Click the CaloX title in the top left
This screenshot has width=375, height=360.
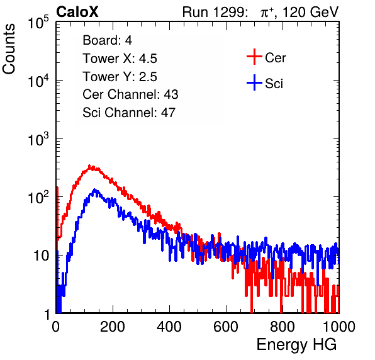[x=77, y=11]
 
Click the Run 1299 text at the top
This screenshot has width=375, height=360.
[x=215, y=12]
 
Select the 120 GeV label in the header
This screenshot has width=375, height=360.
[x=310, y=12]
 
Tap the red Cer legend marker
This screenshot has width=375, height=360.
[x=254, y=57]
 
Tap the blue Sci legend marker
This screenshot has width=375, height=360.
[x=254, y=82]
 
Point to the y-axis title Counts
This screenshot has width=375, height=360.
[x=9, y=49]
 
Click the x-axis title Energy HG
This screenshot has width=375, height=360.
[x=296, y=345]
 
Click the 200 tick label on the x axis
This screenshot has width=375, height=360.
[x=113, y=327]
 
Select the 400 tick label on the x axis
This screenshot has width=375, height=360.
[x=169, y=327]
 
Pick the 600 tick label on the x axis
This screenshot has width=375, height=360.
[x=226, y=327]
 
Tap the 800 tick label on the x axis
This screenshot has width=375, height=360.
[x=283, y=327]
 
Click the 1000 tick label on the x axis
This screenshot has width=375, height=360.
[x=339, y=327]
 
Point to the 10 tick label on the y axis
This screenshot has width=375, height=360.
[x=42, y=256]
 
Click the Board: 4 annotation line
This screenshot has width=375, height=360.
[x=107, y=40]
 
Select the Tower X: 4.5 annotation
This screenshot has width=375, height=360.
[x=120, y=59]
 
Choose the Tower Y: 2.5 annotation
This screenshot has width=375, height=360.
[x=120, y=77]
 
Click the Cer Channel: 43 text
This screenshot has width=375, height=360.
[x=130, y=94]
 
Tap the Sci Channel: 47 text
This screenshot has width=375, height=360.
[x=129, y=113]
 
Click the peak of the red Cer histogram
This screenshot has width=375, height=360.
[x=89, y=166]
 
